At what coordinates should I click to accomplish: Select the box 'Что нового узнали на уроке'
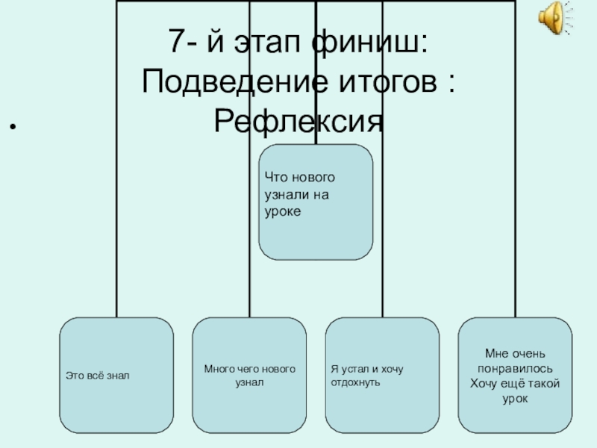point(316,202)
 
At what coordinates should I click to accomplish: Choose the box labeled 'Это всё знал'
point(116,375)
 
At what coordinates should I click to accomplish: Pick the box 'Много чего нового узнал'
point(249,375)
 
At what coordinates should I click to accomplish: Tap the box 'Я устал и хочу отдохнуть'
point(382,375)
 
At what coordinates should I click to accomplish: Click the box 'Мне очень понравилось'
point(515,375)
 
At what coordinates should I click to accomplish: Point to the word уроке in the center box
point(281,212)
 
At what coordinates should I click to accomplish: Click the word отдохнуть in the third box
point(356,382)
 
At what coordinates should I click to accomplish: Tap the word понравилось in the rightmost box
point(515,369)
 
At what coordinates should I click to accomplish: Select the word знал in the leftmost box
point(118,376)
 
